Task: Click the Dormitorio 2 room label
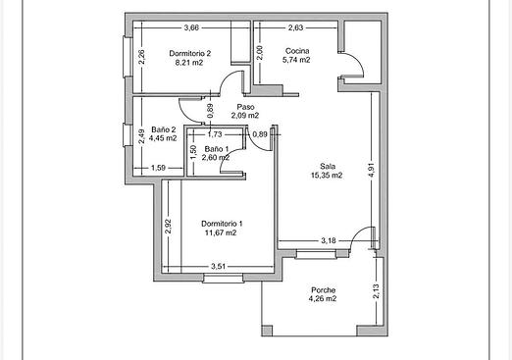(x=190, y=53)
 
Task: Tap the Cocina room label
(x=297, y=51)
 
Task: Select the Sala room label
(x=328, y=166)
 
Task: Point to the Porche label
(x=323, y=290)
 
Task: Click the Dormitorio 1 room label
(x=222, y=224)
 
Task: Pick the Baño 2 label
(x=164, y=129)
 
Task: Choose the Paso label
(x=245, y=107)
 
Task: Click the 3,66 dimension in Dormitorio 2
(x=191, y=27)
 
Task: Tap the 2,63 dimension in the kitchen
(x=295, y=27)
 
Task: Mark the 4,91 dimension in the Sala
(x=372, y=170)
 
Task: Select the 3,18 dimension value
(x=329, y=241)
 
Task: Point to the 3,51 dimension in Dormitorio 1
(x=218, y=267)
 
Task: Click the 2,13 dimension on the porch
(x=377, y=291)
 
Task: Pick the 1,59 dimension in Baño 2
(x=158, y=168)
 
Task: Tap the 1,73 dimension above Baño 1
(x=215, y=134)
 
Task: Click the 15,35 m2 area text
(x=327, y=176)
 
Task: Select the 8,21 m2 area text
(x=189, y=63)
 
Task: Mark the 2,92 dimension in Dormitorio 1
(x=168, y=227)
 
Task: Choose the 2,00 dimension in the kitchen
(x=260, y=53)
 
